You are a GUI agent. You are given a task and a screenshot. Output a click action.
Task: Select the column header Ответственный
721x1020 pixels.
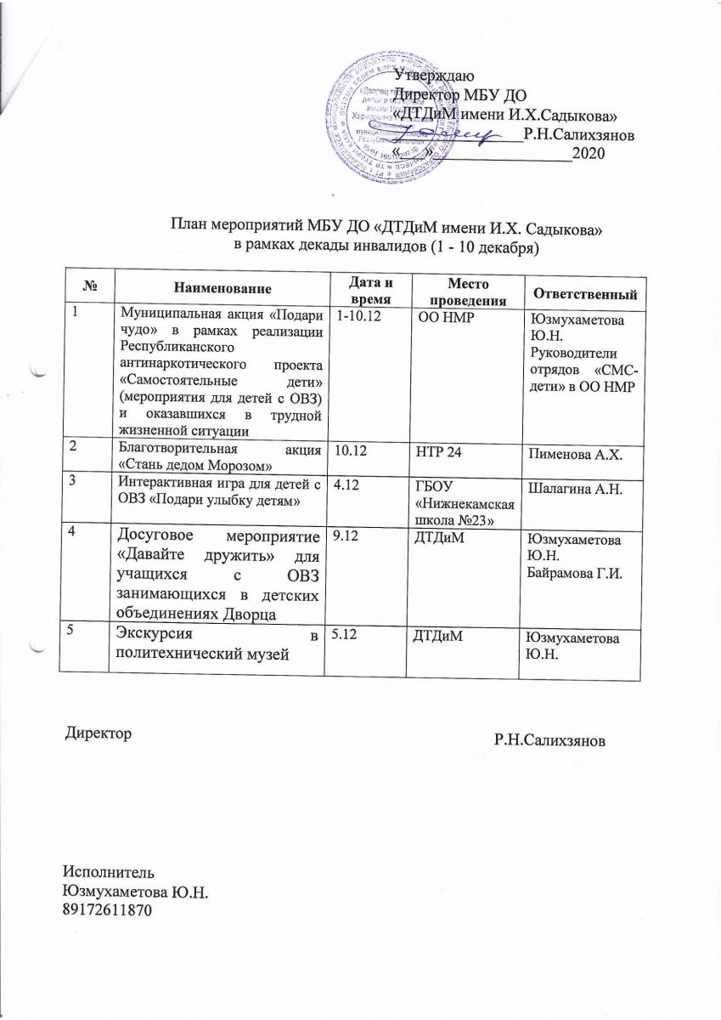coord(583,293)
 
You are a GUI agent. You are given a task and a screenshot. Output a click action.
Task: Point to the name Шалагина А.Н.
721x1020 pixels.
coord(575,487)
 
